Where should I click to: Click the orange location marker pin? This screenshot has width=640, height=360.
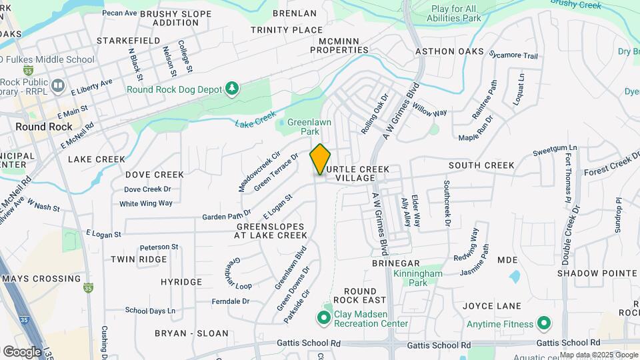point(320,159)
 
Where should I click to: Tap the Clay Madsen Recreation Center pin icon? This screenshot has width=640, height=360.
point(324,317)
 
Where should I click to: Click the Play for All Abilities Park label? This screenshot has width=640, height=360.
point(456,14)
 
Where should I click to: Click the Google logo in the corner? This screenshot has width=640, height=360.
point(22,351)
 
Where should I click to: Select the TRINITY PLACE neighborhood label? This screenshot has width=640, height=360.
point(287,30)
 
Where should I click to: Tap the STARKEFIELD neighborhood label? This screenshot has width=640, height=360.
point(128,41)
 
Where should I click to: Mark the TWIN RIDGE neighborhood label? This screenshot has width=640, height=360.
point(139,259)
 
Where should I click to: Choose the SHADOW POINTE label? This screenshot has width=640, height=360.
point(589,273)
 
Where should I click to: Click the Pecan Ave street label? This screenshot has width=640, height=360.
point(119,13)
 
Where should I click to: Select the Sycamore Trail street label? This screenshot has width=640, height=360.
point(513,55)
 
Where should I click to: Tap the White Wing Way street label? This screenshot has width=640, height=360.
point(146,203)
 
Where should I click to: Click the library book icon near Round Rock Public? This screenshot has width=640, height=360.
point(58,85)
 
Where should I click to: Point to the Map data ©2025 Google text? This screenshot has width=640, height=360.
point(598,355)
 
